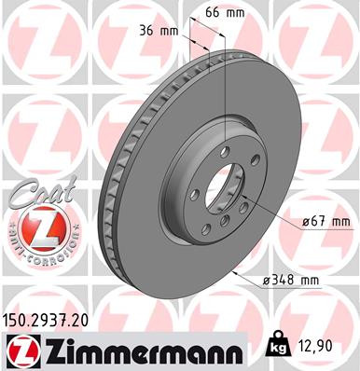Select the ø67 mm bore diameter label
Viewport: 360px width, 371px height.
325,222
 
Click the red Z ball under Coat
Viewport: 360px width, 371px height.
35,227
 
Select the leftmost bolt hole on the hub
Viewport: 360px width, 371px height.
192,194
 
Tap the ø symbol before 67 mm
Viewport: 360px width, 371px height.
306,222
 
